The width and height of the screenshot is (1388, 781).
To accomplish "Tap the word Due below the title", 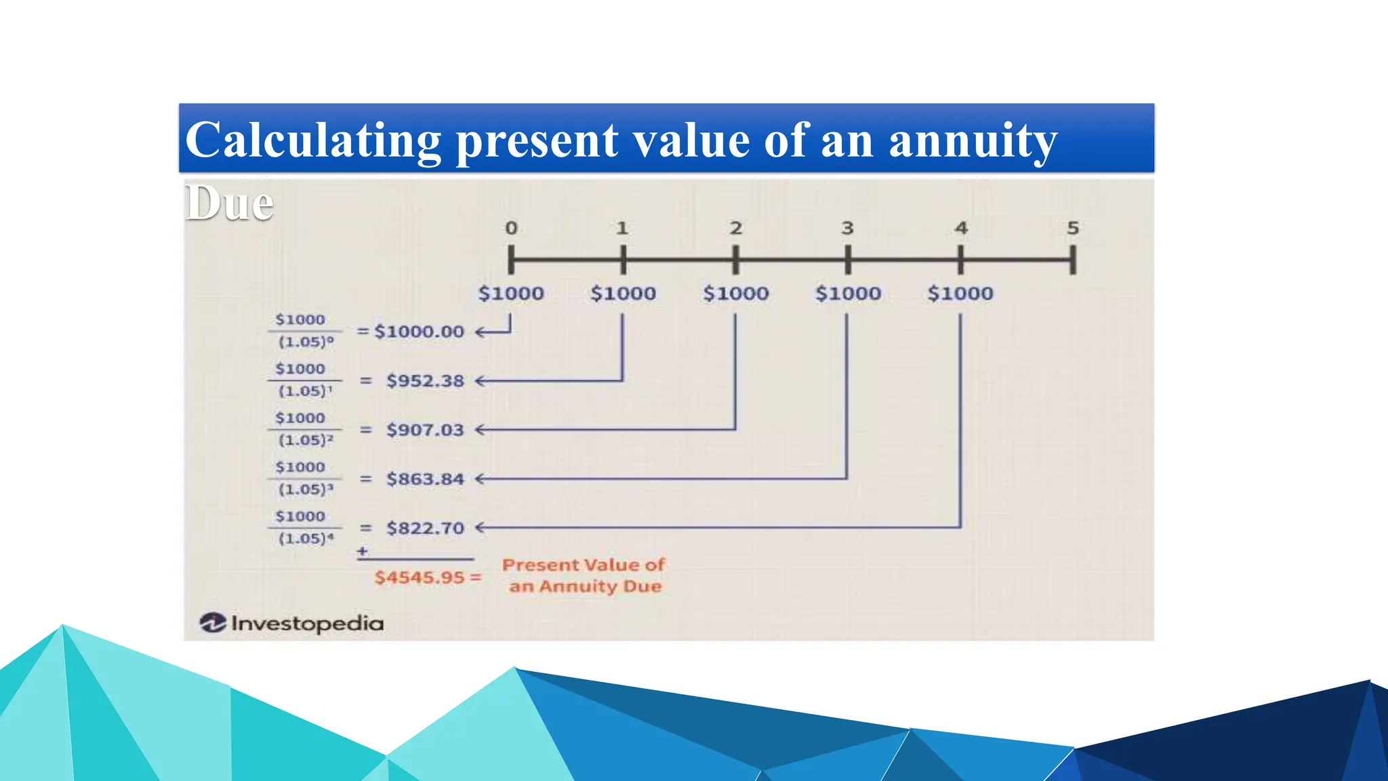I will pyautogui.click(x=229, y=203).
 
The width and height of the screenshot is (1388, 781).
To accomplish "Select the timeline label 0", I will pyautogui.click(x=511, y=228).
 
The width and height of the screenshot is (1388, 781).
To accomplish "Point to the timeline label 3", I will pyautogui.click(x=847, y=228).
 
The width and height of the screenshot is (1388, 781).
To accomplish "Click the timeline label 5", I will pyautogui.click(x=1072, y=228).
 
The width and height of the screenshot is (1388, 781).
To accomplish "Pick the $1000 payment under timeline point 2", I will pyautogui.click(x=735, y=294).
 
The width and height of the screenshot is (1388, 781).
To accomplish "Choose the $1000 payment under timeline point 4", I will pyautogui.click(x=960, y=294).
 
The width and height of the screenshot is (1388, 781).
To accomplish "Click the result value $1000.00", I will pyautogui.click(x=419, y=332).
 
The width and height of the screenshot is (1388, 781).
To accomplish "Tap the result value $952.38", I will pyautogui.click(x=425, y=381).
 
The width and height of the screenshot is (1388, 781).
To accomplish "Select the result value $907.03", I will pyautogui.click(x=425, y=430).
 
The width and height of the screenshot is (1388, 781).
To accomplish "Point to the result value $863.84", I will pyautogui.click(x=425, y=479).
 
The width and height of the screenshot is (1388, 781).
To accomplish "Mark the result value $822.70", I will pyautogui.click(x=425, y=528).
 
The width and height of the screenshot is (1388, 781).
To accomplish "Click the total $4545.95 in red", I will pyautogui.click(x=420, y=578).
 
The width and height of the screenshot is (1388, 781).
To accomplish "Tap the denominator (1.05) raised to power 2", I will pyautogui.click(x=306, y=441).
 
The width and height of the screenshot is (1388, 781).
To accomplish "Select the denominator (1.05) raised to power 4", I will pyautogui.click(x=306, y=539).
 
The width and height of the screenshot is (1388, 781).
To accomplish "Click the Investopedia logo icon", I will pyautogui.click(x=213, y=622).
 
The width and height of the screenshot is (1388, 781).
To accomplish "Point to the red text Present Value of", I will pyautogui.click(x=584, y=565).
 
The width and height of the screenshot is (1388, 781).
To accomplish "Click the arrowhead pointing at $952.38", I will pyautogui.click(x=479, y=381).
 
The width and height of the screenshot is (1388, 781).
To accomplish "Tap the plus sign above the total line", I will pyautogui.click(x=363, y=551).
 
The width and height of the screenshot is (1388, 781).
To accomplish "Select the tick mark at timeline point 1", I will pyautogui.click(x=623, y=260).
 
